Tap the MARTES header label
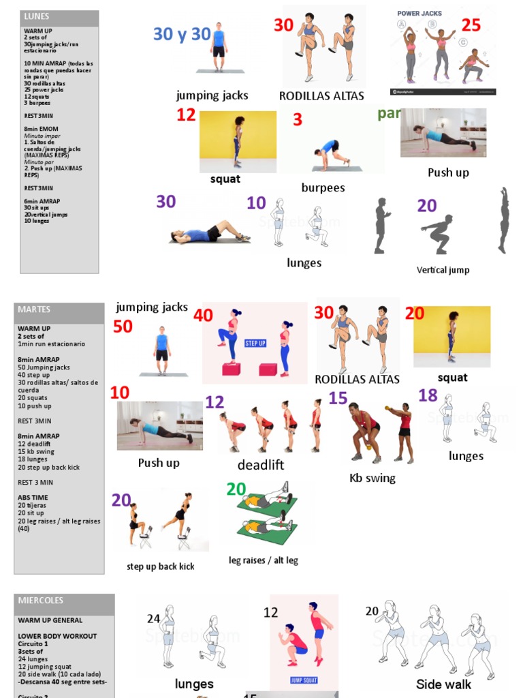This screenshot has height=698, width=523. click(34, 309)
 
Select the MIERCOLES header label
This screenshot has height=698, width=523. click(40, 601)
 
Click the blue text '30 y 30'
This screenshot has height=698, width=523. click(182, 34)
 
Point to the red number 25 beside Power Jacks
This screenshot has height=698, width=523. click(471, 26)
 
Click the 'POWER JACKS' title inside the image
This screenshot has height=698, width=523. click(419, 13)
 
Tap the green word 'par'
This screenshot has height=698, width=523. click(389, 114)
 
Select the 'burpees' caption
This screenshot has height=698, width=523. click(323, 187)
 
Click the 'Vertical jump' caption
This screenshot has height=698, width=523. click(443, 270)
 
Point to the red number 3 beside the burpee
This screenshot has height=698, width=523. click(298, 120)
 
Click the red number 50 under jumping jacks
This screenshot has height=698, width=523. click(123, 327)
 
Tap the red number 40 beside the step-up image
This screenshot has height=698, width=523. click(203, 316)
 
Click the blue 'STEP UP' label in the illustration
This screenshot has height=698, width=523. click(255, 344)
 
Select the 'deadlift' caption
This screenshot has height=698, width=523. click(261, 465)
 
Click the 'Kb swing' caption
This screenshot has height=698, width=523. click(373, 478)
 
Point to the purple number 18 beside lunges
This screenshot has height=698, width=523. click(428, 395)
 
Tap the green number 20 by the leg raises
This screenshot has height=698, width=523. click(236, 489)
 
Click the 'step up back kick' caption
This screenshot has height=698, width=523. click(161, 566)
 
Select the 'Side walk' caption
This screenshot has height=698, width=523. click(444, 684)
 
